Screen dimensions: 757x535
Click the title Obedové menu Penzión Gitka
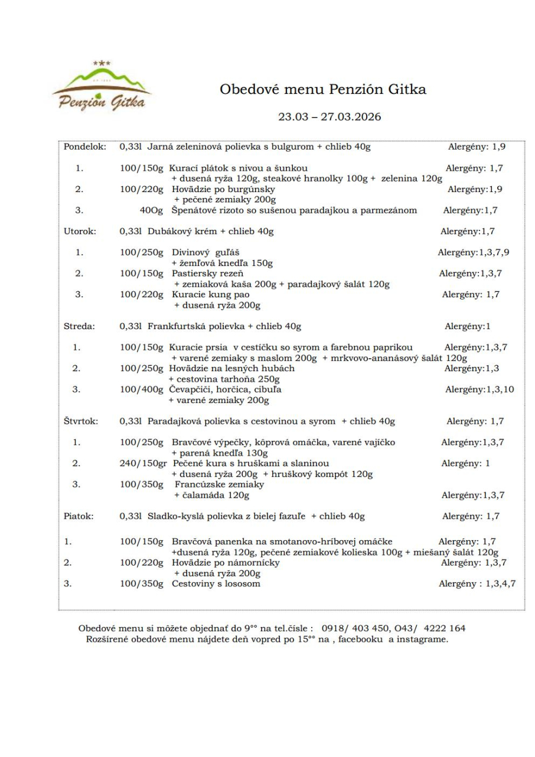323,90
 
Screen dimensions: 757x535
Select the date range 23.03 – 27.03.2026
330,116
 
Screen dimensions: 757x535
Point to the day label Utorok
80,231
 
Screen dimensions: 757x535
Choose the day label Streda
79,326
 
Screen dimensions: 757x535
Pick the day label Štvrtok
81,421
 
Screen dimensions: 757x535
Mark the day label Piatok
79,516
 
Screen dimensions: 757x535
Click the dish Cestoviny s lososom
216,584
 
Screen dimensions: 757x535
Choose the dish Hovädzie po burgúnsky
224,189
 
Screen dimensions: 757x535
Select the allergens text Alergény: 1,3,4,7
477,584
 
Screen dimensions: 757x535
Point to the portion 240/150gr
142,463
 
